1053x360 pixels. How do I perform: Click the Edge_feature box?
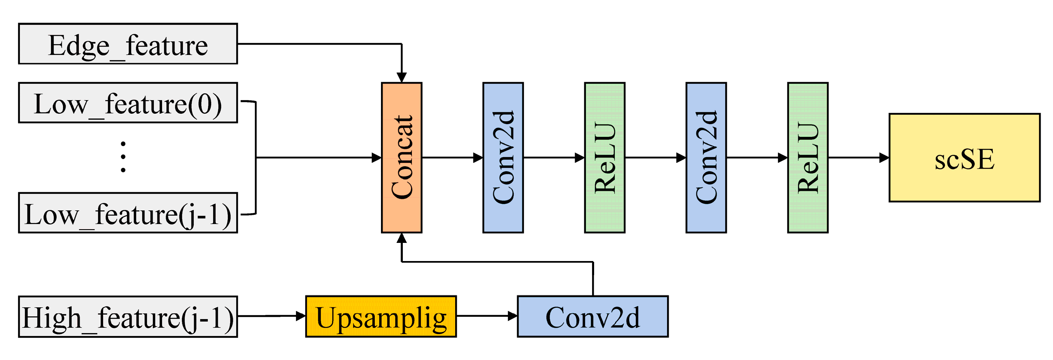point(128,44)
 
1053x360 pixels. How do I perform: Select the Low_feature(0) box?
point(128,103)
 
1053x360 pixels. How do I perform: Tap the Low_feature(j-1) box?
point(128,213)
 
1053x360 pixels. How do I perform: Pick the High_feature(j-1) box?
point(128,317)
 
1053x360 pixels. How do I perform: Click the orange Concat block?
point(401,158)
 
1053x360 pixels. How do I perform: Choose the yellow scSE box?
point(964,158)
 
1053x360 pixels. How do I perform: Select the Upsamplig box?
point(381,317)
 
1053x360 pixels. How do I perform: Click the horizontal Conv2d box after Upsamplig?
point(592,317)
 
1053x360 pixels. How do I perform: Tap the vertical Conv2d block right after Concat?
point(503,158)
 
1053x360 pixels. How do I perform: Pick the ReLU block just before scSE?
point(807,158)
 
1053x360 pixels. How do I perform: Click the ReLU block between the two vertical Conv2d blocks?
point(604,158)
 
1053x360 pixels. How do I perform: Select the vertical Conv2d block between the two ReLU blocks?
point(706,158)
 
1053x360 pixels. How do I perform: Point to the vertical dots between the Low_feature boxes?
point(123,157)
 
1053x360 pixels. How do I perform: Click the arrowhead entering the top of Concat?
point(402,78)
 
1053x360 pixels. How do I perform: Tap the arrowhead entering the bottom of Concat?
point(402,238)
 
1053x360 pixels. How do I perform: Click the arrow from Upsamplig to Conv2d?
point(487,316)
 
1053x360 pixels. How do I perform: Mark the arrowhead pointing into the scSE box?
point(884,158)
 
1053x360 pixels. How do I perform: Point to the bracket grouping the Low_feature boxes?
point(256,158)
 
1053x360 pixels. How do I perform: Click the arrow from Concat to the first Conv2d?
point(452,158)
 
